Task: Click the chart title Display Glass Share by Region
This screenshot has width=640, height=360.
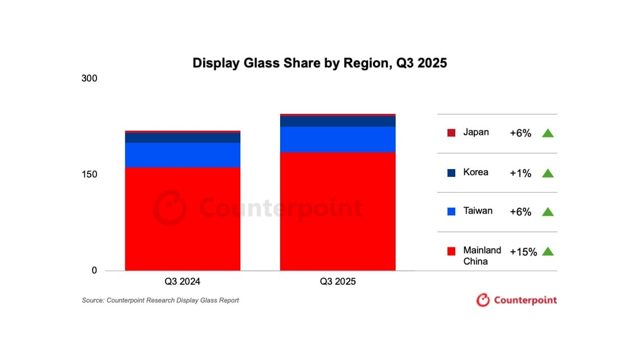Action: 319,63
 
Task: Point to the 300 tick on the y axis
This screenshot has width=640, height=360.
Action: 89,78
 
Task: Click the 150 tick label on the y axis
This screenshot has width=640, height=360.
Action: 89,174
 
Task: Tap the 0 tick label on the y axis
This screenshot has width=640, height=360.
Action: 94,270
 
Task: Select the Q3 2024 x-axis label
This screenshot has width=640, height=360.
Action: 182,281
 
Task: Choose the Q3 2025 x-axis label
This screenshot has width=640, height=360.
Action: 337,281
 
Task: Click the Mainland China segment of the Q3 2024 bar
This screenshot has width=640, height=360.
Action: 182,219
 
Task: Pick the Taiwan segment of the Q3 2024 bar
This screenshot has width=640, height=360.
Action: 182,155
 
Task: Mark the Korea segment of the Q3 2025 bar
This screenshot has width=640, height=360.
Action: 337,121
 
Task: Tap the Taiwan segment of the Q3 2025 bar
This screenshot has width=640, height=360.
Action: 337,139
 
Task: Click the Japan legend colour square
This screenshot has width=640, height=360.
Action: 451,133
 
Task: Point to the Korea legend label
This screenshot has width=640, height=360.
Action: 476,172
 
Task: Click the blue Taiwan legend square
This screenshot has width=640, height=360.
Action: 451,212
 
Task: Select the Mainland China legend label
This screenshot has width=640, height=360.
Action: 474,256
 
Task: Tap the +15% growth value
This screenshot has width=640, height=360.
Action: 523,252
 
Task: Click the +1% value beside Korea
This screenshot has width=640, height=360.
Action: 520,173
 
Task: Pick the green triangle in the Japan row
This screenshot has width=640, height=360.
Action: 548,133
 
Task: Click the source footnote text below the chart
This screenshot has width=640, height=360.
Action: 161,300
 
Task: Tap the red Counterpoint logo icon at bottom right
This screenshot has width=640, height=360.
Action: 483,300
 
